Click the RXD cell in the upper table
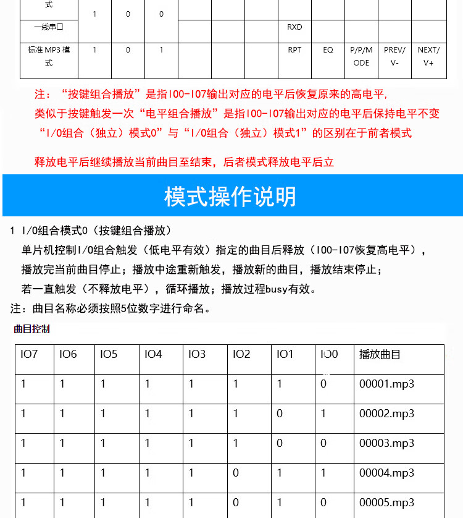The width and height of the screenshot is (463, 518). click(294, 27)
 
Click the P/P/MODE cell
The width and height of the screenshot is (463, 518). click(361, 56)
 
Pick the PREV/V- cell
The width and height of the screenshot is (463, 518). click(394, 56)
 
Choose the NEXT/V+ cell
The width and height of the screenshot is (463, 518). click(428, 56)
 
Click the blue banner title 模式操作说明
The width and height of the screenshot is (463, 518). click(230, 196)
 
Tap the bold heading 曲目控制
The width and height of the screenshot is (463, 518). click(31, 329)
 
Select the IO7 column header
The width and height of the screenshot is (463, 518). click(29, 354)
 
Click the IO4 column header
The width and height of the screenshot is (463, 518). click(153, 354)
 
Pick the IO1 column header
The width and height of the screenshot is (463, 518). click(285, 354)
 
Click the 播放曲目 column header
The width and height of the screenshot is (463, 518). click(380, 354)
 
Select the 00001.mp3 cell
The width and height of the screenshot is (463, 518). click(386, 384)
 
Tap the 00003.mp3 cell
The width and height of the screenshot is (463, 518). click(386, 443)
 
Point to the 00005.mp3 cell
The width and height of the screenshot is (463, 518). click(386, 503)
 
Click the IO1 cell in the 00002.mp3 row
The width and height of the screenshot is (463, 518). click(280, 414)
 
